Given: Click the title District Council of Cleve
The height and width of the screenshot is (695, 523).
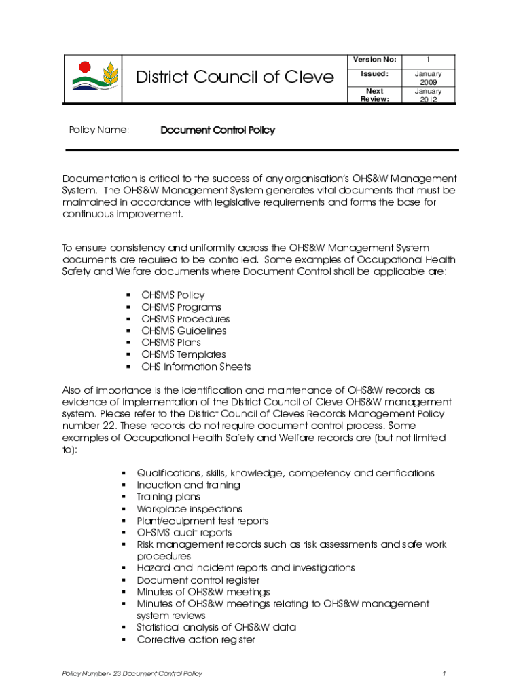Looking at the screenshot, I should pyautogui.click(x=235, y=77).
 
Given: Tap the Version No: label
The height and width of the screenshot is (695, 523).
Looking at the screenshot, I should pyautogui.click(x=374, y=60).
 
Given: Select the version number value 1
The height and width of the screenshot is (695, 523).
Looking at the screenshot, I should pyautogui.click(x=428, y=60).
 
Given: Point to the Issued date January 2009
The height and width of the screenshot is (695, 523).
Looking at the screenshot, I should pyautogui.click(x=428, y=77).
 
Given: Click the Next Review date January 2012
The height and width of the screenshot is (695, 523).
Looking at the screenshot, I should pyautogui.click(x=428, y=95).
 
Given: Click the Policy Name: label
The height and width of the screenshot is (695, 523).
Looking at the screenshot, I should pyautogui.click(x=100, y=130).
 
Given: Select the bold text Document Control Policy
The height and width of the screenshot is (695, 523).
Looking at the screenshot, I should pyautogui.click(x=217, y=130).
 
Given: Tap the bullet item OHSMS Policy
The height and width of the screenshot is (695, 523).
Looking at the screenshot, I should pyautogui.click(x=173, y=295).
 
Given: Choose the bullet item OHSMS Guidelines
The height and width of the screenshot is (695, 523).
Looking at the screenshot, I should pyautogui.click(x=183, y=331).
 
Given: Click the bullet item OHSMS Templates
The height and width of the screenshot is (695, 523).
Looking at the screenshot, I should pyautogui.click(x=183, y=354).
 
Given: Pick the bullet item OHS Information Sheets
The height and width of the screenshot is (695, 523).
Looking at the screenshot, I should pyautogui.click(x=196, y=367).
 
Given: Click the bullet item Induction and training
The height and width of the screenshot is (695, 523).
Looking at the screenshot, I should pyautogui.click(x=188, y=485).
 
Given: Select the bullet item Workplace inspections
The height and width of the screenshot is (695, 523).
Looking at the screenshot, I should pyautogui.click(x=189, y=509).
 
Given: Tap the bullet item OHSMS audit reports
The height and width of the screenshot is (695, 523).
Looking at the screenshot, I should pyautogui.click(x=184, y=533).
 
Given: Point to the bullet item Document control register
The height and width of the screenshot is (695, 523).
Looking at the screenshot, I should pyautogui.click(x=198, y=580).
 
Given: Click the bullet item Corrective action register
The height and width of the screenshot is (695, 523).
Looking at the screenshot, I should pyautogui.click(x=196, y=639).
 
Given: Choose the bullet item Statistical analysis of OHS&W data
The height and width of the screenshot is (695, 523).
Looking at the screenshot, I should pyautogui.click(x=216, y=627).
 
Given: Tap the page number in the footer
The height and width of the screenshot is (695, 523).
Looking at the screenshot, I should pyautogui.click(x=443, y=673).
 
